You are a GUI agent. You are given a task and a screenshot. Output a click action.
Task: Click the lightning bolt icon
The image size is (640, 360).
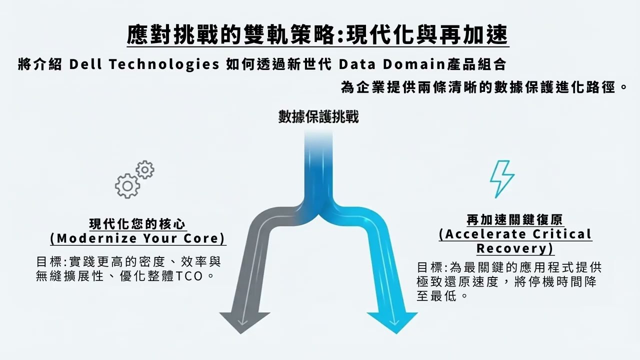502,178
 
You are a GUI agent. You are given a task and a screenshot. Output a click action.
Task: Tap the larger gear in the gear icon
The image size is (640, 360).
127,186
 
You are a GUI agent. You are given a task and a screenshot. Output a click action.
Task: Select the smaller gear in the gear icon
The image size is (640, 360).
145,170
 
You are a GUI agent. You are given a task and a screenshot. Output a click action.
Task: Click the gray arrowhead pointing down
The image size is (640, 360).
244,320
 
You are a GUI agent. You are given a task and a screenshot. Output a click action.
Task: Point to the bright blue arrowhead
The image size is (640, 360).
392,320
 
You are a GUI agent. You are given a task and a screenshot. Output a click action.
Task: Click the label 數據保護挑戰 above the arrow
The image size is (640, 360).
318,116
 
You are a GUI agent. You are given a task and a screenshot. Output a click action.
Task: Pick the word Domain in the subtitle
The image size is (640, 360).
414,64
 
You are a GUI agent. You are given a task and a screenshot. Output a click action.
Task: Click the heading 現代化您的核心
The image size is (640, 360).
138,223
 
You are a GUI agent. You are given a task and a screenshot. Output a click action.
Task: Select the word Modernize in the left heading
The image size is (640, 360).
92,238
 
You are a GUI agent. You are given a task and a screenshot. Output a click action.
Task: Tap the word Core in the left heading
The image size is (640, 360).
204,238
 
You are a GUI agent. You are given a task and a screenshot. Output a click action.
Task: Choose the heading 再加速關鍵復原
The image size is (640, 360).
515,219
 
